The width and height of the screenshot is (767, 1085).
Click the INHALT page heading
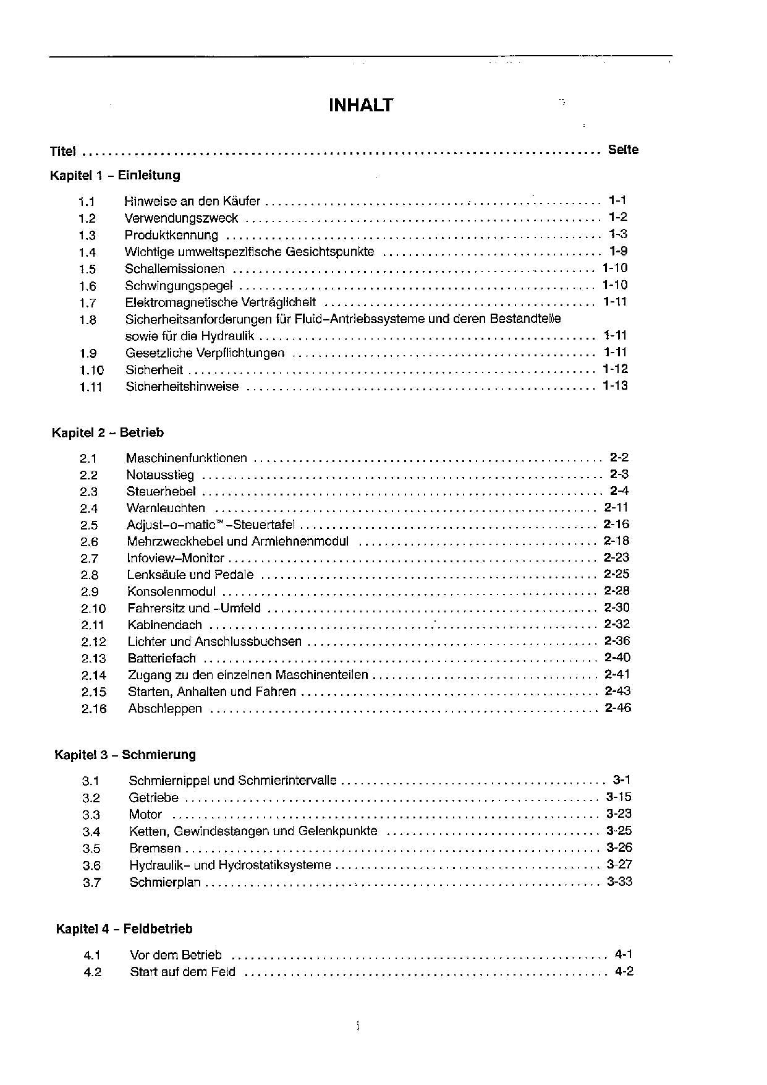pos(360,105)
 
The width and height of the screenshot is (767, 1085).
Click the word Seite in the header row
pos(622,150)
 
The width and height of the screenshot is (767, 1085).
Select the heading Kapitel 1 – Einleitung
pos(115,175)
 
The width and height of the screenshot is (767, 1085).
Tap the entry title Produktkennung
pos(171,235)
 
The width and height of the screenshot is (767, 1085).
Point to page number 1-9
pos(618,251)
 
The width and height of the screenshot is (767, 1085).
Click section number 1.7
pos(87,303)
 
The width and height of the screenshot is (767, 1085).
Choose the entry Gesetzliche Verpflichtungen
pos(205,353)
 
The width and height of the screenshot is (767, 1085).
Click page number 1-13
pos(615,386)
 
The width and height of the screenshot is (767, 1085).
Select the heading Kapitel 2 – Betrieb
pos(108,432)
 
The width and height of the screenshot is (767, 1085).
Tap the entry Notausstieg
pos(160,475)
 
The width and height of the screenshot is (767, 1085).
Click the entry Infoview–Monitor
pos(176,558)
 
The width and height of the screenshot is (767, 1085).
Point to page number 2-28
pos(617,591)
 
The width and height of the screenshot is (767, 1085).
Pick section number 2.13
pos(93,659)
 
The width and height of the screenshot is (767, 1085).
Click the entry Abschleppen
pos(165,709)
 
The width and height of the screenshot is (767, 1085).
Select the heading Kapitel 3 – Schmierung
pos(125,755)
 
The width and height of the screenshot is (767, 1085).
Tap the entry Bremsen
pos(155,849)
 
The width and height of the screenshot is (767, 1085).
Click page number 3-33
pos(619,881)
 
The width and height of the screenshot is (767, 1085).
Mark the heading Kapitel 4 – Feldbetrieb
pos(124,928)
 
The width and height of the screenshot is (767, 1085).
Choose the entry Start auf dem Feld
pos(182,972)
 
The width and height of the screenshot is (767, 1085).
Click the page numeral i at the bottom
pos(358,1027)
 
